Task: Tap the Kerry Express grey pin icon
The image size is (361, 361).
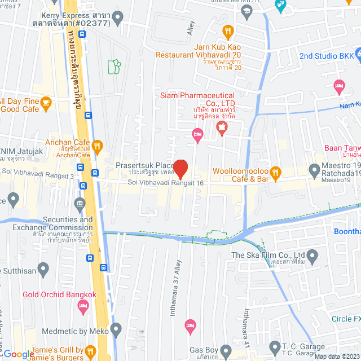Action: coord(118,19)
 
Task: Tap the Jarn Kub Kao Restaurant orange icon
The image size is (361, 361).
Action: coord(227,30)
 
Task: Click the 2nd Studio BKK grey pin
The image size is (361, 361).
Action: coord(290,56)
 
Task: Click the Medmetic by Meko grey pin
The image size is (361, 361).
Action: coord(116,328)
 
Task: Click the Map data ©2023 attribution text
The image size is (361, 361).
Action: coord(336,356)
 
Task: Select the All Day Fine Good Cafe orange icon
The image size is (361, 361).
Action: coord(46,102)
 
